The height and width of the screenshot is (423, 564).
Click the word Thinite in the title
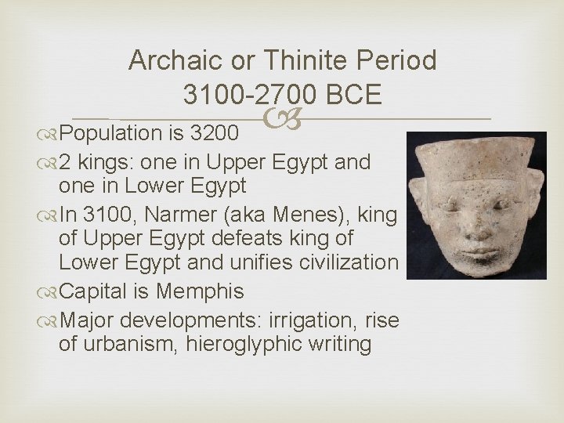301,60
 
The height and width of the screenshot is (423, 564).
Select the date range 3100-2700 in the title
249,95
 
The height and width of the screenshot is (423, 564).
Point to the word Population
109,128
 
